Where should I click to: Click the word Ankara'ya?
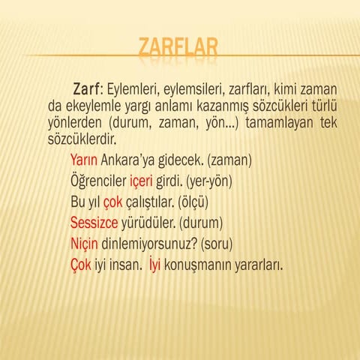(x=130, y=160)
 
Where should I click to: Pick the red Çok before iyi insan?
(x=81, y=265)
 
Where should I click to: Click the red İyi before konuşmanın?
(x=154, y=265)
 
